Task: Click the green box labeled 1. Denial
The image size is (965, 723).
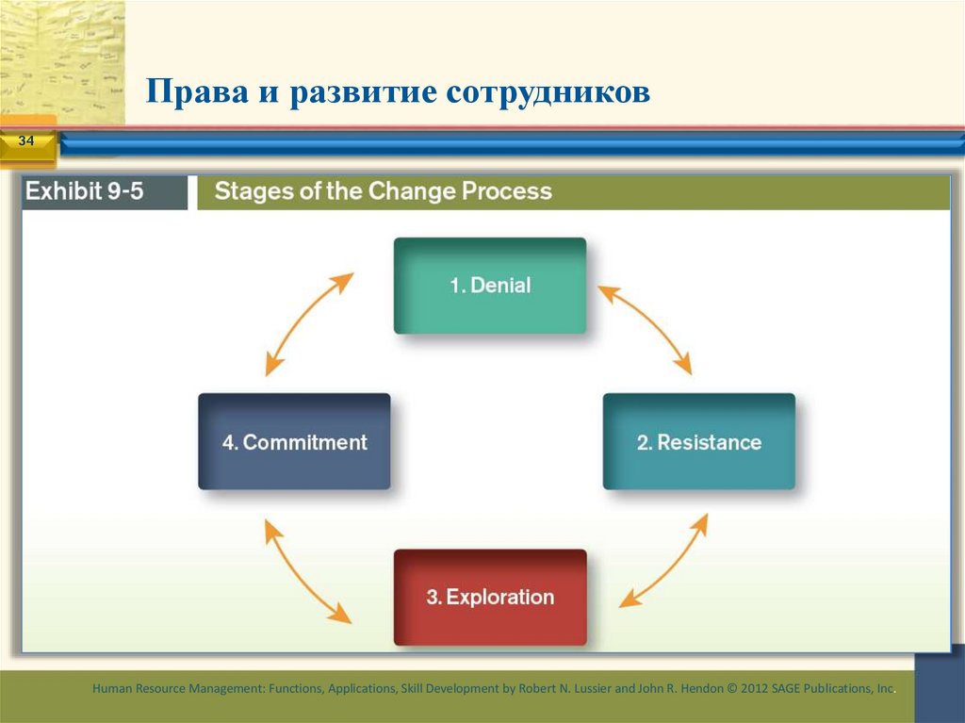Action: click(489, 285)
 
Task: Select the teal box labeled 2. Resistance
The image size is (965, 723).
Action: click(698, 441)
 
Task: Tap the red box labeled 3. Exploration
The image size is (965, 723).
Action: click(489, 597)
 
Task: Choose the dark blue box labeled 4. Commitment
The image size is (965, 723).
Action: click(294, 441)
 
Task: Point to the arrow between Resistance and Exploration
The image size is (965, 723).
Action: click(663, 560)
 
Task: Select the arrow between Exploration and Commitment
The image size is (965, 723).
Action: click(307, 570)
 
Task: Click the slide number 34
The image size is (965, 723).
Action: click(25, 141)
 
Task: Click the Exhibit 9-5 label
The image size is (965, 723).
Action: click(97, 191)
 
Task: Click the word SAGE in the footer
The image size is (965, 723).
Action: click(788, 689)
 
